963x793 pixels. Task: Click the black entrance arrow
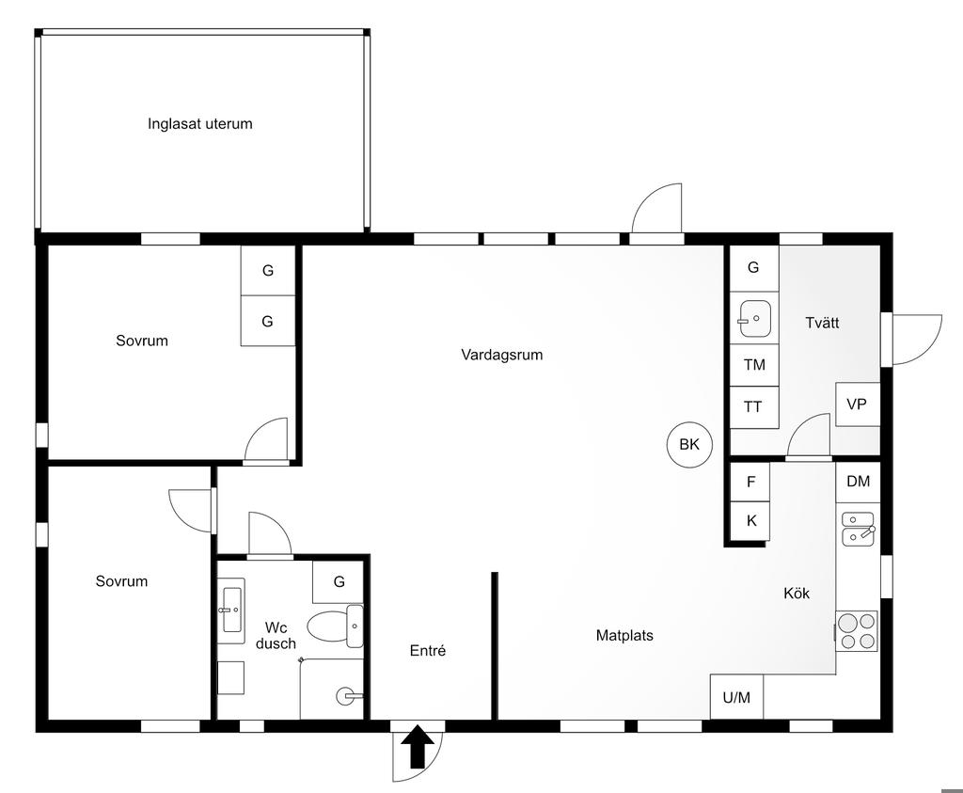click(x=418, y=746)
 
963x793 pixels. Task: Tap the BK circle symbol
click(x=689, y=445)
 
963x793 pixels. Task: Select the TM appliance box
click(x=754, y=365)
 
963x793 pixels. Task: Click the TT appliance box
click(x=754, y=406)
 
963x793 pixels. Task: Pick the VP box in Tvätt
click(x=858, y=404)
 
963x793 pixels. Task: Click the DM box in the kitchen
click(x=858, y=483)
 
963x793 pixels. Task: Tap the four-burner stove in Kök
click(x=857, y=631)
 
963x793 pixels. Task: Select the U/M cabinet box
click(x=736, y=696)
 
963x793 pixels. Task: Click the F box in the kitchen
click(x=750, y=482)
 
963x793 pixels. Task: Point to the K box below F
click(x=750, y=521)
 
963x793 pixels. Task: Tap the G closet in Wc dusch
click(x=339, y=581)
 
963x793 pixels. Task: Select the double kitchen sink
click(x=858, y=529)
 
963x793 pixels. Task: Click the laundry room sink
click(x=755, y=319)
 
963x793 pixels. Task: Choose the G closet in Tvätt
click(x=754, y=268)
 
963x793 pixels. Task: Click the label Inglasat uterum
click(x=200, y=123)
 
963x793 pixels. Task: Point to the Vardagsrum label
click(x=502, y=355)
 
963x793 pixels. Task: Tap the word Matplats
click(x=624, y=635)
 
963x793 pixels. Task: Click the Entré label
click(x=428, y=651)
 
